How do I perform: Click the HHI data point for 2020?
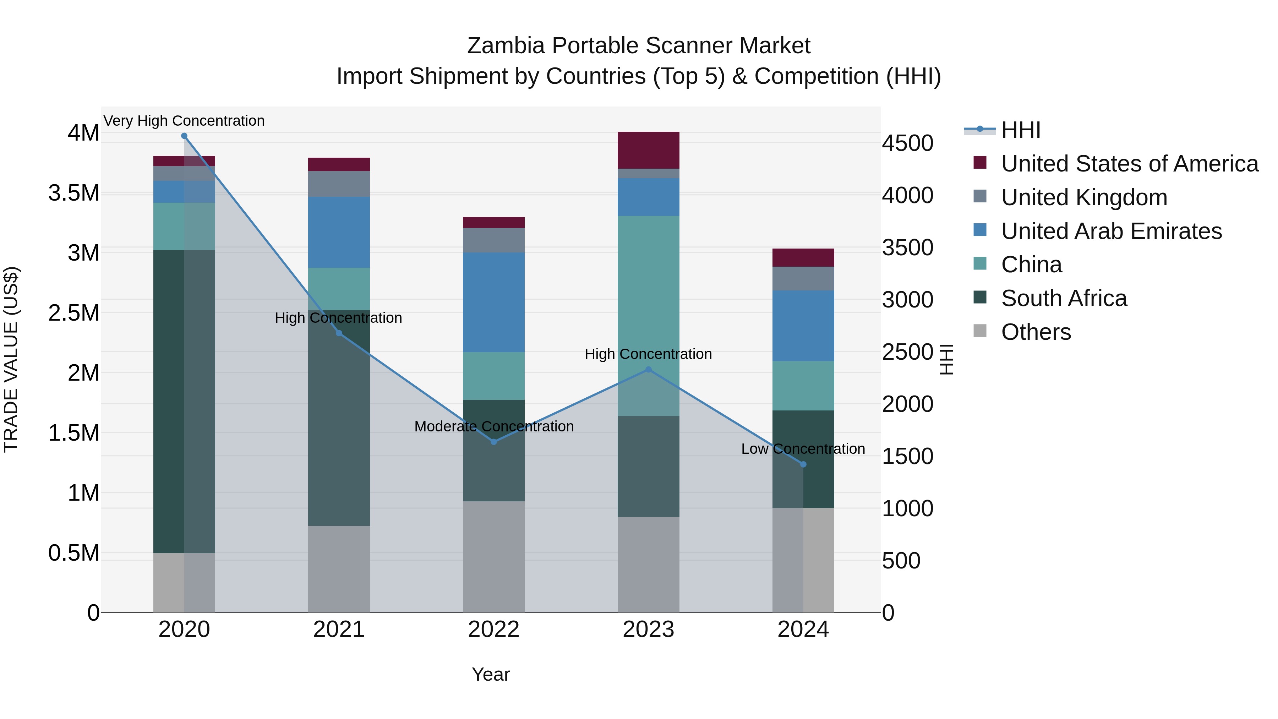click(184, 136)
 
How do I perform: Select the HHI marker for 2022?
click(494, 442)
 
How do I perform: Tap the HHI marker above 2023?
click(649, 370)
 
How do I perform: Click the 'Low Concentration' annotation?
click(803, 448)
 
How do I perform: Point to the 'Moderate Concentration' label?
click(494, 426)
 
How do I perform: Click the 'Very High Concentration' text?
click(184, 121)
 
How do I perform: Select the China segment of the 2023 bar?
click(649, 298)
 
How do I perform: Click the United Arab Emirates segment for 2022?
click(494, 302)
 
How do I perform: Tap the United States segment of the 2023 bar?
click(649, 150)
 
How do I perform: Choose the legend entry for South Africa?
click(1064, 298)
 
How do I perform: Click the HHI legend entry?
click(1020, 130)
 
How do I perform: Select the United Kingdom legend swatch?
click(980, 196)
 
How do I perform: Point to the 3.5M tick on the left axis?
click(74, 193)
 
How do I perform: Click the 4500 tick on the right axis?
click(907, 143)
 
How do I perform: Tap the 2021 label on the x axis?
click(339, 630)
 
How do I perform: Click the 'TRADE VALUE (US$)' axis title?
click(11, 359)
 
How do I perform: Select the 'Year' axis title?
click(491, 674)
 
